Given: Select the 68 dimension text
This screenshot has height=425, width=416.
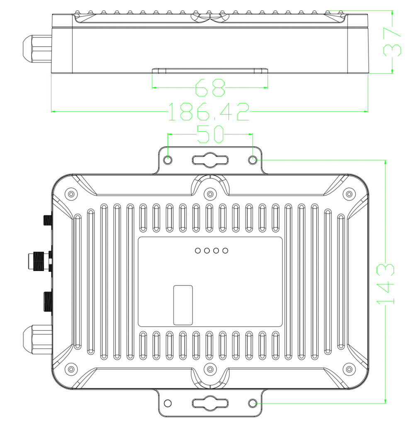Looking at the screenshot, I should (210, 88).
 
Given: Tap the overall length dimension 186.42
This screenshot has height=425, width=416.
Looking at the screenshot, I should (209, 112).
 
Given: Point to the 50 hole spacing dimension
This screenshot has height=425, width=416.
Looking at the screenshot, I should (210, 134).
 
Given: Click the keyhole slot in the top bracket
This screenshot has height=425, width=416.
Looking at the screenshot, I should (210, 160).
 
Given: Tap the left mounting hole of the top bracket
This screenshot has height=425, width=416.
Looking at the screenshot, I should (168, 160).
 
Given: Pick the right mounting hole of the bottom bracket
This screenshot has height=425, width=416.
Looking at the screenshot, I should (252, 403).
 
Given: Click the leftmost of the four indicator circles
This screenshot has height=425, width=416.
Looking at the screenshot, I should (198, 250).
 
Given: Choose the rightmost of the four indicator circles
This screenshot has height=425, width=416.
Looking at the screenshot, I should (225, 250).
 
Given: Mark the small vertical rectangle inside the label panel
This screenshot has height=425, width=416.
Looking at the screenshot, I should (183, 305).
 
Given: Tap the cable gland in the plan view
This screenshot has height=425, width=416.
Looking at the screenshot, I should (36, 339).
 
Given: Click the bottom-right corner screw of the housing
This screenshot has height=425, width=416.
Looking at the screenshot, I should (349, 369).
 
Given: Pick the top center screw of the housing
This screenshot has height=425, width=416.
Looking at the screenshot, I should (210, 194).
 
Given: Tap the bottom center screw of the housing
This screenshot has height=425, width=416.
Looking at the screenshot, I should (210, 369).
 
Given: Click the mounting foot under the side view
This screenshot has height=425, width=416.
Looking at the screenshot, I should (210, 71).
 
